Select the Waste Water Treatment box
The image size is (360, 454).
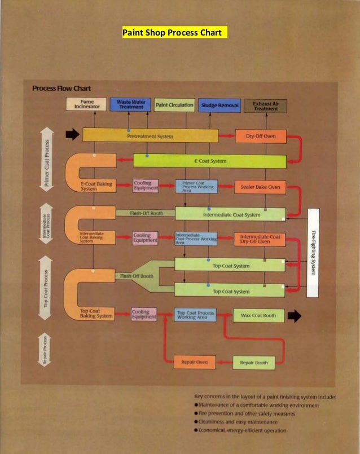pyautogui.click(x=131, y=105)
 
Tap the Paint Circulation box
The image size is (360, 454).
pyautogui.click(x=174, y=105)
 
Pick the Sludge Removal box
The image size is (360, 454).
pyautogui.click(x=219, y=105)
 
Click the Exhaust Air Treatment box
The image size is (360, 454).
pyautogui.click(x=266, y=105)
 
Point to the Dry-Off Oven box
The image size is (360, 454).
pyautogui.click(x=260, y=136)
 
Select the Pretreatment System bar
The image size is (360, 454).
pyautogui.click(x=150, y=136)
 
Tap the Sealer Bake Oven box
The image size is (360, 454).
pyautogui.click(x=260, y=187)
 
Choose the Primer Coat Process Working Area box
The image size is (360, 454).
pyautogui.click(x=196, y=187)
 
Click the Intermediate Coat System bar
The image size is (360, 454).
pyautogui.click(x=230, y=214)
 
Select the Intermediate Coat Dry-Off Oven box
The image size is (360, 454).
pyautogui.click(x=260, y=239)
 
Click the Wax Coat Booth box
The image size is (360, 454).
pyautogui.click(x=254, y=315)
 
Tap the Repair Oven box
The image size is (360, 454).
pyautogui.click(x=195, y=362)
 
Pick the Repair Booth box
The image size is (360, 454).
pyautogui.click(x=254, y=362)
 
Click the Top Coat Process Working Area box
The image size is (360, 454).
pyautogui.click(x=195, y=315)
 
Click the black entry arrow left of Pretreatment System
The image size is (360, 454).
pyautogui.click(x=72, y=135)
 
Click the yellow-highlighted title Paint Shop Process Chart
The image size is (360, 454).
pyautogui.click(x=174, y=32)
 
